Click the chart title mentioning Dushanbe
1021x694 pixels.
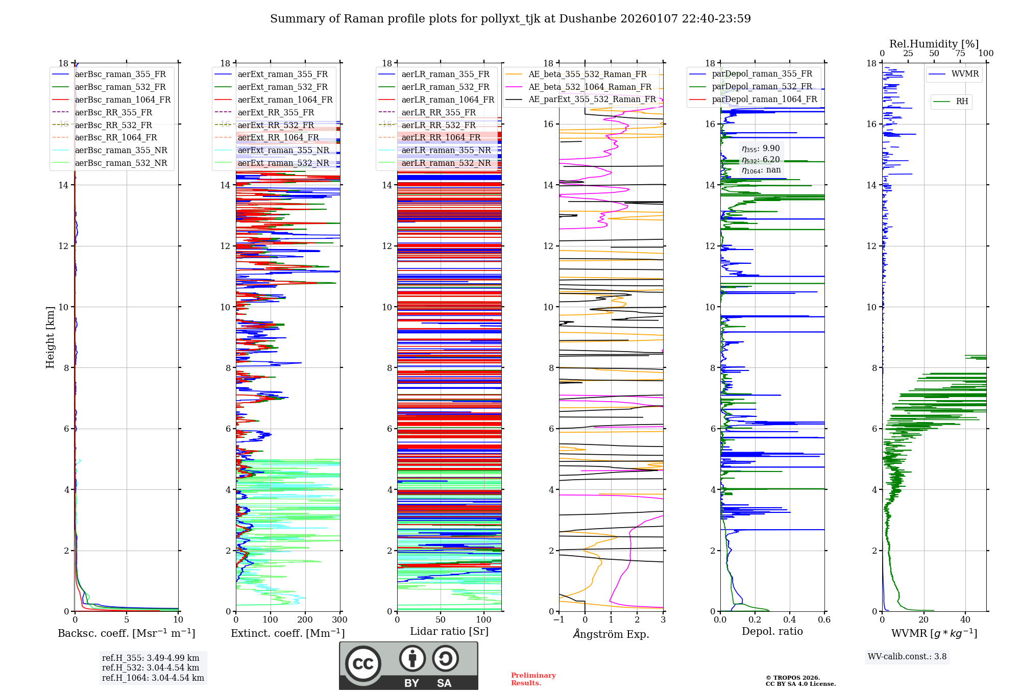510,19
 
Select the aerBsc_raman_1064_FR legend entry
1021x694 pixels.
123,100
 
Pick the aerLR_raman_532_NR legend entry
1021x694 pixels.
446,163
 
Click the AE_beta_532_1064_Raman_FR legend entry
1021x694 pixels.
590,87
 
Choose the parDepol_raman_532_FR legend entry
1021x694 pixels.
762,87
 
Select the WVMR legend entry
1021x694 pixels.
965,74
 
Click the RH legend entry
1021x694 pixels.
962,102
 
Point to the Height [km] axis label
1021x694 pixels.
50,337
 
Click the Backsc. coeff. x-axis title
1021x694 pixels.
126,633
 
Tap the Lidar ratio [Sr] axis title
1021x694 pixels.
449,632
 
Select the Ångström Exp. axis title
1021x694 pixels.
611,634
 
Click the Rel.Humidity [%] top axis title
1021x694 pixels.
934,44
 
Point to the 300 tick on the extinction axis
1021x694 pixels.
340,620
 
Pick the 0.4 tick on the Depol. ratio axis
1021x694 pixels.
790,620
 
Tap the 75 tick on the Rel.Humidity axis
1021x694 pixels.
960,54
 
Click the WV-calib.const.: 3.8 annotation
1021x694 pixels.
907,657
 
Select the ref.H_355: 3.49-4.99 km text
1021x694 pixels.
151,658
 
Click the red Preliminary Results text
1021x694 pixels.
533,679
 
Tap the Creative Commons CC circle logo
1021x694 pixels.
363,664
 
